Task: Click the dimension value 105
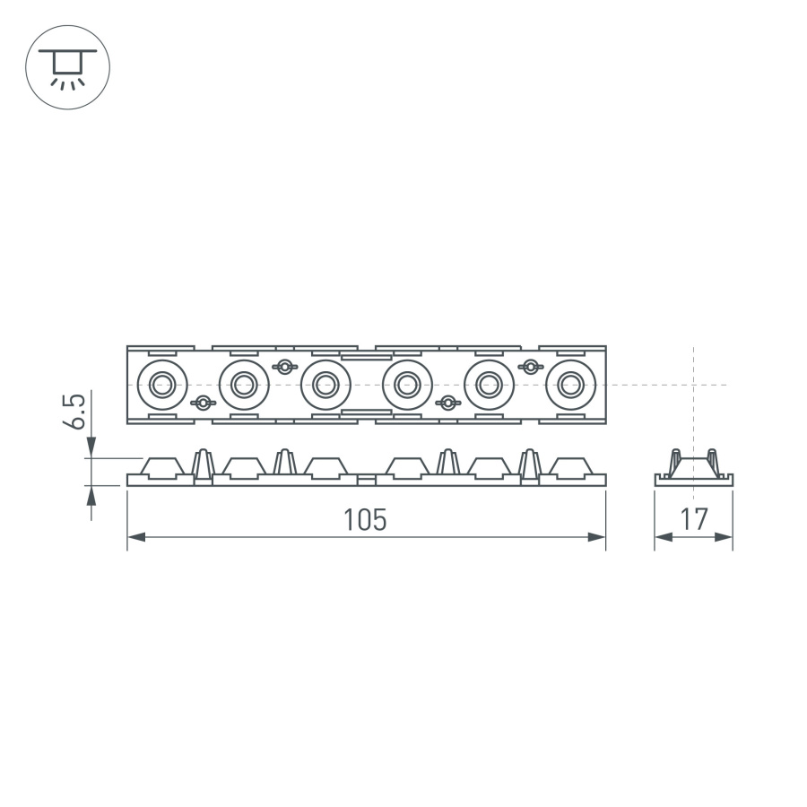(366, 519)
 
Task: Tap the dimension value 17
(694, 519)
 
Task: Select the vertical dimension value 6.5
(79, 411)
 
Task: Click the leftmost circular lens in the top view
(162, 385)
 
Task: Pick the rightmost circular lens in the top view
(569, 385)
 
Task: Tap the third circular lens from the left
(325, 385)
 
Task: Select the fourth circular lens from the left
(406, 385)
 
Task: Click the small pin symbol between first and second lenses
(204, 403)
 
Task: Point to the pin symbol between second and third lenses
(285, 366)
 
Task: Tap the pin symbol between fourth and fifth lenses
(447, 403)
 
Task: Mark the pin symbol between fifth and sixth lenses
(531, 366)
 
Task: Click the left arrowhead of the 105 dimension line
(135, 537)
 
